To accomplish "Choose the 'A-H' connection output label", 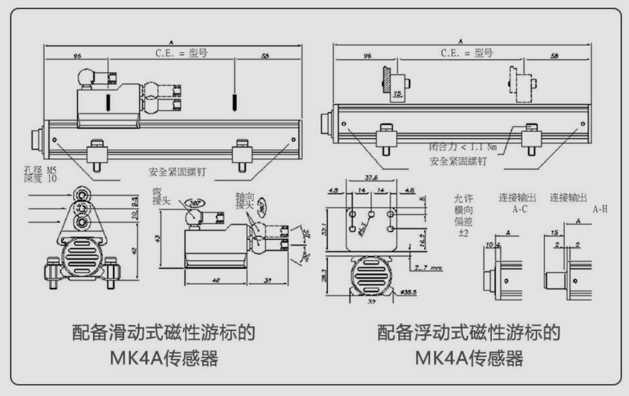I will tap(600, 209).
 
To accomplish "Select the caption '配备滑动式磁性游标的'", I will tap(163, 333).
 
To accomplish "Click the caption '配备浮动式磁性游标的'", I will tap(468, 333).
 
